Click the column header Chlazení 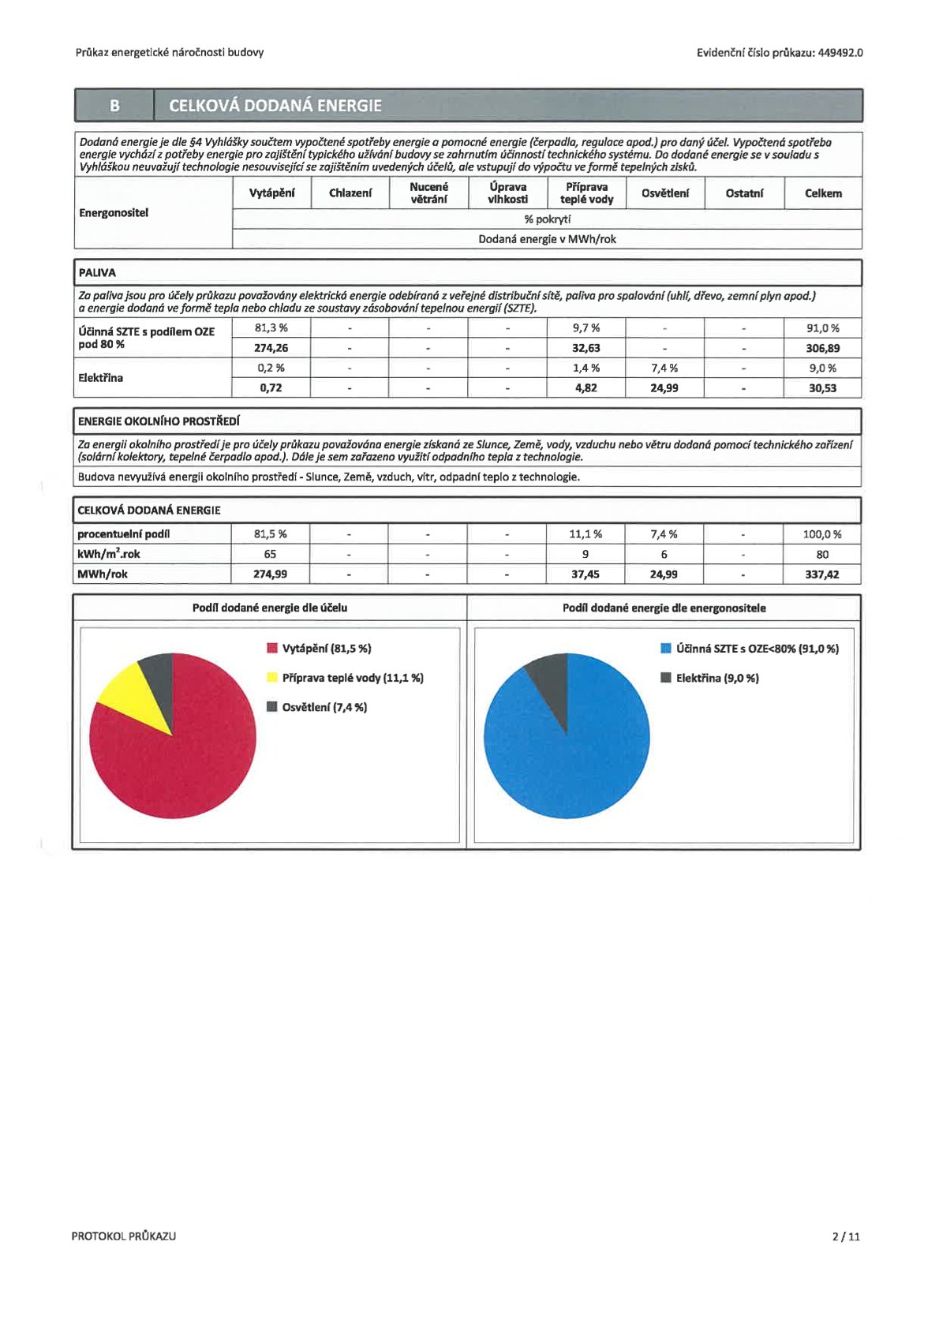pyautogui.click(x=350, y=193)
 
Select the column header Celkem pyautogui.click(x=822, y=193)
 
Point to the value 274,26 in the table pyautogui.click(x=271, y=348)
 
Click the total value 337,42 pyautogui.click(x=821, y=574)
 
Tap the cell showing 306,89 pyautogui.click(x=822, y=348)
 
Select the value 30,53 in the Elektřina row pyautogui.click(x=822, y=388)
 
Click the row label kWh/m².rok pyautogui.click(x=109, y=554)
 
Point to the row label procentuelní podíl pyautogui.click(x=123, y=534)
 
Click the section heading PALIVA pyautogui.click(x=97, y=273)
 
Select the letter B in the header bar pyautogui.click(x=115, y=106)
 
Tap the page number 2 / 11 pyautogui.click(x=846, y=1236)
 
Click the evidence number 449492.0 pyautogui.click(x=840, y=53)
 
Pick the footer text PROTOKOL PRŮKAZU pyautogui.click(x=124, y=1236)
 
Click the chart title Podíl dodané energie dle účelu pyautogui.click(x=270, y=608)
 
